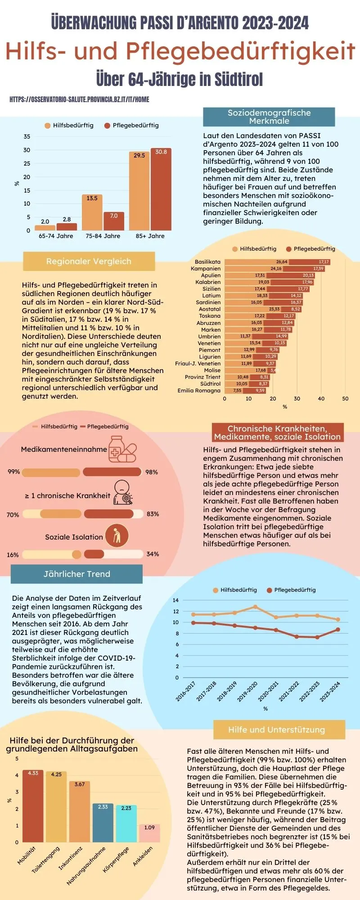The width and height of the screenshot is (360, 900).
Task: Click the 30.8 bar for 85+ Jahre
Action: point(161,189)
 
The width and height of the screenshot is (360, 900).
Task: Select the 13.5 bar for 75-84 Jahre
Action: point(92,212)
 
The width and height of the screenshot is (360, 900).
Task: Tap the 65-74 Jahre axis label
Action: point(56,236)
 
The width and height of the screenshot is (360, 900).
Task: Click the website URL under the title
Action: point(79,99)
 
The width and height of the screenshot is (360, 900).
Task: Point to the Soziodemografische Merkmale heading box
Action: point(269,117)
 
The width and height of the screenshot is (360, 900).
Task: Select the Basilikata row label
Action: point(207,262)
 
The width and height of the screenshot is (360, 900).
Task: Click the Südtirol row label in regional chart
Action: point(210,384)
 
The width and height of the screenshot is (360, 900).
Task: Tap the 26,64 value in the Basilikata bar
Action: point(282,262)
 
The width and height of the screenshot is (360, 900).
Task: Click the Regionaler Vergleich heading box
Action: point(89,261)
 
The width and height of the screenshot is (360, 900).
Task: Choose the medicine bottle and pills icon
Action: point(122,449)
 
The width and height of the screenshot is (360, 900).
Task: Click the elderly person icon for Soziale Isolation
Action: point(117,536)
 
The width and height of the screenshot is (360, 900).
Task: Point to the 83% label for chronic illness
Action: point(153,514)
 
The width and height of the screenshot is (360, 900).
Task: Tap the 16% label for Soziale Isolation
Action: point(13,555)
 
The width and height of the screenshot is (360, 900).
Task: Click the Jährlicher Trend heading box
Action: point(76,574)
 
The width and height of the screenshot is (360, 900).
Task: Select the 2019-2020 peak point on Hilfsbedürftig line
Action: point(255,607)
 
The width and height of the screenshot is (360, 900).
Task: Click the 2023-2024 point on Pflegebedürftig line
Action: point(338,630)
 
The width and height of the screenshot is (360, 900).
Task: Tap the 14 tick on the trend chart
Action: point(175,600)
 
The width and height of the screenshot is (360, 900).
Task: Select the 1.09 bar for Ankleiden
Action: point(149,833)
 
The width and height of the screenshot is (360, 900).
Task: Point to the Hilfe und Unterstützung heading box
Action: point(276,730)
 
